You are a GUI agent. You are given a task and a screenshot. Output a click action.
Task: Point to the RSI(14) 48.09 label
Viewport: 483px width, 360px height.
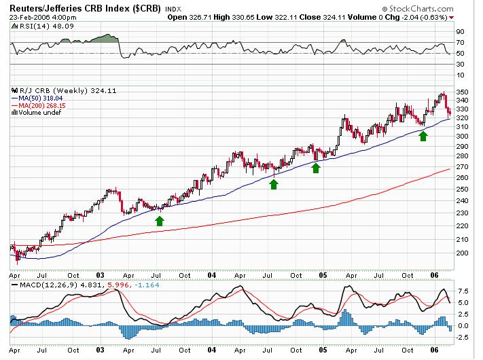34,24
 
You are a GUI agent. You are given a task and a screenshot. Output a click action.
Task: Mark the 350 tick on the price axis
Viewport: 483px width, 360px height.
462,92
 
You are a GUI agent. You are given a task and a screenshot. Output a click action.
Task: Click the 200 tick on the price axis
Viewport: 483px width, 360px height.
462,253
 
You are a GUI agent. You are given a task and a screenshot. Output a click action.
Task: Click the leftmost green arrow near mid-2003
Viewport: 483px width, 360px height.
160,220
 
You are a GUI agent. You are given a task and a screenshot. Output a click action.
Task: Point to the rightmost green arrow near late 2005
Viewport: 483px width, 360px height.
423,136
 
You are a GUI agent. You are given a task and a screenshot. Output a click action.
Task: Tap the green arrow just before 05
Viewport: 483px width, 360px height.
315,167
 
